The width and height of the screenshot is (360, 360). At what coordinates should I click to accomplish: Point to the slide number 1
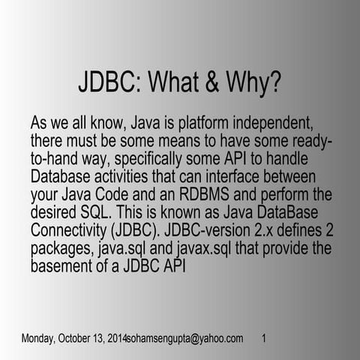pyautogui.click(x=265, y=339)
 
